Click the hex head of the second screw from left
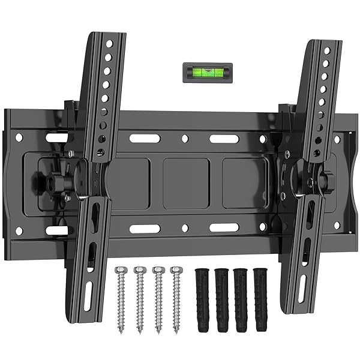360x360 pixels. coord(140,271)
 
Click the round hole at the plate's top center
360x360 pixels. coord(185,139)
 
